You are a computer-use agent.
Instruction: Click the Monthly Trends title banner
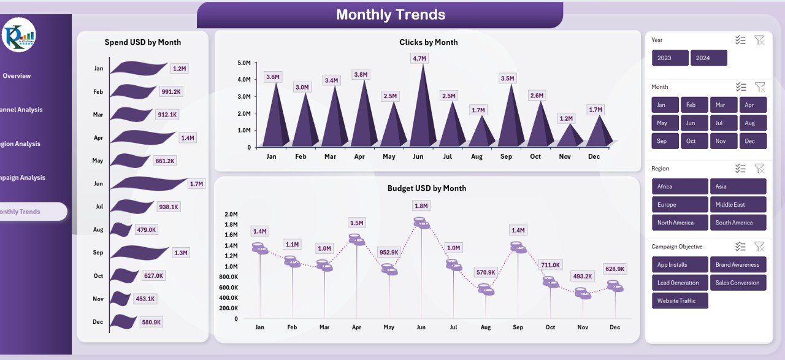(x=391, y=15)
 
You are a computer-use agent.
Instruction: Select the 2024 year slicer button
(x=708, y=58)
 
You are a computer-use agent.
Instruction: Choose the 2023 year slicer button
(x=670, y=58)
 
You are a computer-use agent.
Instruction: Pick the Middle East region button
(x=738, y=204)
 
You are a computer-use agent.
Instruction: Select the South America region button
(x=738, y=223)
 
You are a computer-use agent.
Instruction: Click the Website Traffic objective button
(x=680, y=301)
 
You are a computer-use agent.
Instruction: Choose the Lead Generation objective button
(x=680, y=283)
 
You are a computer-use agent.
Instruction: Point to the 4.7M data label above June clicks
(x=419, y=58)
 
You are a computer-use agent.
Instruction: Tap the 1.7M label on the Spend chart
(x=196, y=184)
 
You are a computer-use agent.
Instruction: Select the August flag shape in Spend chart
(x=121, y=230)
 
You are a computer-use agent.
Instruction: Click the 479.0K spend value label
(x=147, y=230)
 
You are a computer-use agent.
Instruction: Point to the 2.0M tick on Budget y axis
(x=231, y=214)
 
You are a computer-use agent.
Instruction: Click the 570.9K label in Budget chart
(x=486, y=272)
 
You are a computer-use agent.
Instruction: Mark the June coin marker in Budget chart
(x=421, y=223)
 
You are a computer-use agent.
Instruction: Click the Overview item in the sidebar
(x=17, y=76)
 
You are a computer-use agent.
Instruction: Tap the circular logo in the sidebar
(x=19, y=35)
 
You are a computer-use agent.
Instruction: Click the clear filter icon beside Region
(x=759, y=168)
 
